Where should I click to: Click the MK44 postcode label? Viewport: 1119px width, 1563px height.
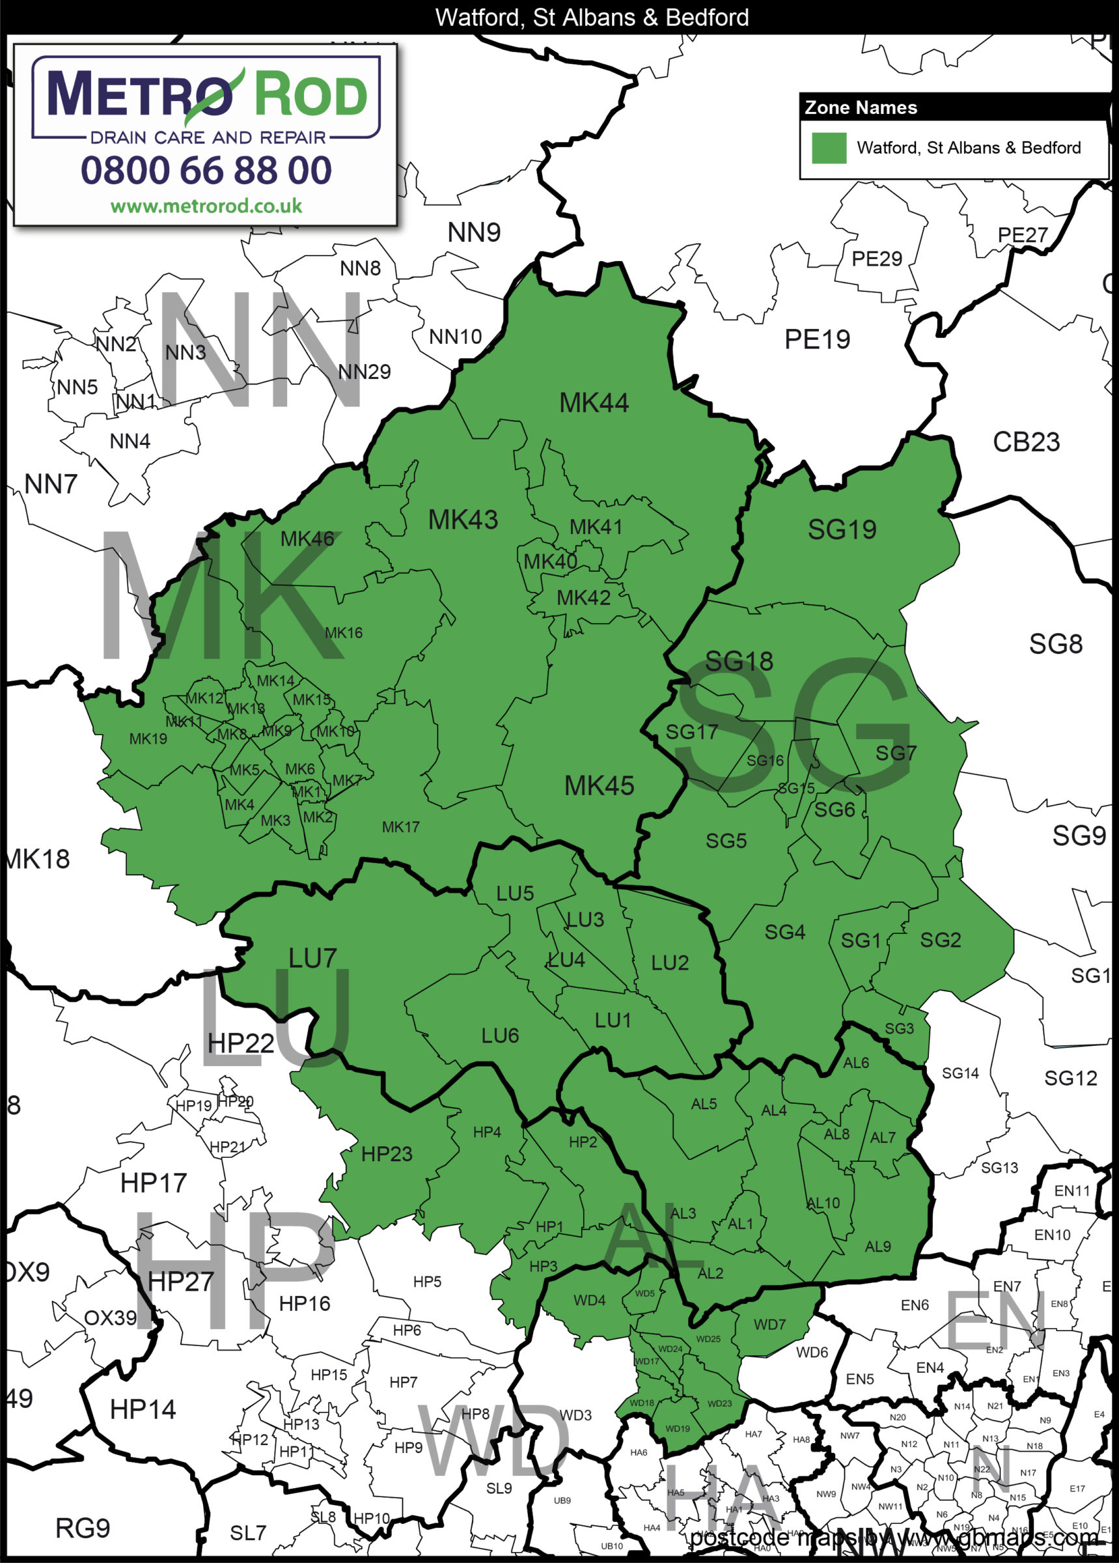(x=594, y=403)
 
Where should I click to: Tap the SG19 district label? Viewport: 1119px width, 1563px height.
(x=842, y=530)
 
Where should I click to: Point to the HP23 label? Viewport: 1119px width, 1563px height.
(x=387, y=1153)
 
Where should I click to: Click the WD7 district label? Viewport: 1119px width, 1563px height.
(x=769, y=1325)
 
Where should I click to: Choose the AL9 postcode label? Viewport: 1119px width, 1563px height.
(x=878, y=1246)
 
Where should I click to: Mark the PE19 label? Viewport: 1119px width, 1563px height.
(x=817, y=340)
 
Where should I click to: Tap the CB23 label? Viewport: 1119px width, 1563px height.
(x=1026, y=442)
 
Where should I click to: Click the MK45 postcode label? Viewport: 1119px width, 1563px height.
(x=599, y=786)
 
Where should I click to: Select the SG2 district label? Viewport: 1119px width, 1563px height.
(x=941, y=940)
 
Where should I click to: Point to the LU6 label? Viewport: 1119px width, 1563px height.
(x=499, y=1035)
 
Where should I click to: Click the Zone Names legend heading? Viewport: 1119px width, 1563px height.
(x=861, y=108)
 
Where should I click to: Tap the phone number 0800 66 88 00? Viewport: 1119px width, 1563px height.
(x=206, y=170)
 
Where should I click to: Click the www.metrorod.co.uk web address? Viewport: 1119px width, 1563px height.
(x=206, y=206)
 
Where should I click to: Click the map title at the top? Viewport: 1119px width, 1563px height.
(x=592, y=17)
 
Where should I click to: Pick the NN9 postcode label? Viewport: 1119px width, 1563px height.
(x=474, y=233)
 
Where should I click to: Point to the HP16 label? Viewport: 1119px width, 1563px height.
(x=305, y=1304)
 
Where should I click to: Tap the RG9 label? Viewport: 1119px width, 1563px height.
(x=83, y=1528)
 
